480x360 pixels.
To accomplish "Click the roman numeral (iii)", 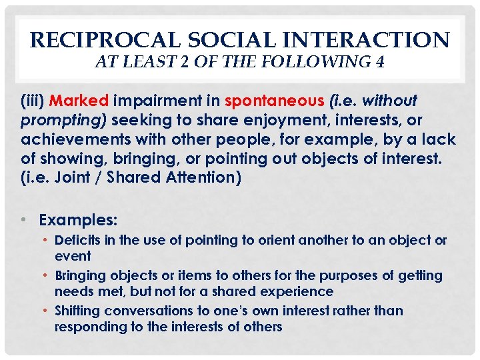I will (33, 101).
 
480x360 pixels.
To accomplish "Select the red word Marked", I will (79, 101).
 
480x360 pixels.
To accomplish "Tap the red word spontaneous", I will (273, 101).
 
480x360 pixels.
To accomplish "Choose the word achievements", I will (67, 140).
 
